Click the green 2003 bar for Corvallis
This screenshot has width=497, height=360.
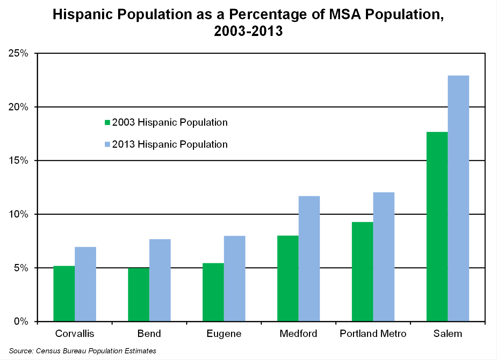click(x=64, y=294)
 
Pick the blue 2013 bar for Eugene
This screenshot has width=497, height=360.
click(x=235, y=279)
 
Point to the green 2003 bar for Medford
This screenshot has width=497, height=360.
click(x=288, y=279)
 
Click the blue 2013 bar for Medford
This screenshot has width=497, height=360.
click(x=309, y=259)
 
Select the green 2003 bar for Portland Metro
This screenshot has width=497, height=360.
click(x=362, y=272)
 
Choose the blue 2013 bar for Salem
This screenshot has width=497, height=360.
click(x=459, y=198)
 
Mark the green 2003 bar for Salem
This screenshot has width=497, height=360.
click(x=437, y=227)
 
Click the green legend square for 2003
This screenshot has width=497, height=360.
click(x=108, y=123)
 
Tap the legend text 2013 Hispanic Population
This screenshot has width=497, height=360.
click(x=170, y=145)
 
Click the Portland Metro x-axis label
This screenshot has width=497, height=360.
click(x=373, y=334)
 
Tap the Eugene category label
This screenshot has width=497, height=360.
click(x=224, y=334)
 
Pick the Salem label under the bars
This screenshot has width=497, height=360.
click(x=448, y=334)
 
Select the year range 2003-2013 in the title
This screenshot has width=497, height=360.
click(x=248, y=31)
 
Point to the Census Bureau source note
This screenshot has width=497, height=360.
click(x=82, y=351)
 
